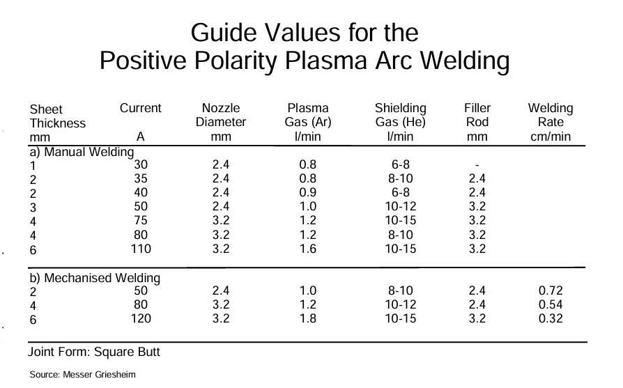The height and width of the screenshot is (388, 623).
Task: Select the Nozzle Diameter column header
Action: [220, 122]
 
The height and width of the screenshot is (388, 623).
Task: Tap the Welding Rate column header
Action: [550, 122]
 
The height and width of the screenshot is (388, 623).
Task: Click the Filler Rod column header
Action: [477, 122]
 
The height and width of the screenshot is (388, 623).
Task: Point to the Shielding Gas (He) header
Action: [400, 122]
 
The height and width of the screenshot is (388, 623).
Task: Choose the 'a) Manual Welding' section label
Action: [91, 151]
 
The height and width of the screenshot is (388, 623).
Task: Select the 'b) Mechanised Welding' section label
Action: [94, 278]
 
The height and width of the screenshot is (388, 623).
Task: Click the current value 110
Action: [140, 248]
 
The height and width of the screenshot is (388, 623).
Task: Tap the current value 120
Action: [140, 318]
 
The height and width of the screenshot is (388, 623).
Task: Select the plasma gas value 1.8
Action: [307, 318]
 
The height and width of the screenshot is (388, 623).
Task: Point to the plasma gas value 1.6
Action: [307, 248]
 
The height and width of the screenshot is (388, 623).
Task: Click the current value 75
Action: [140, 220]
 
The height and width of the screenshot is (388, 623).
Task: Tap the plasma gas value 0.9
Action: [307, 192]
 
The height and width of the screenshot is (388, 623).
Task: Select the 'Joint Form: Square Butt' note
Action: [94, 352]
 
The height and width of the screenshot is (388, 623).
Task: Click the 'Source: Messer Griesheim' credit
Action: [82, 375]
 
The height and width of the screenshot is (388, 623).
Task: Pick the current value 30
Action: [140, 165]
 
